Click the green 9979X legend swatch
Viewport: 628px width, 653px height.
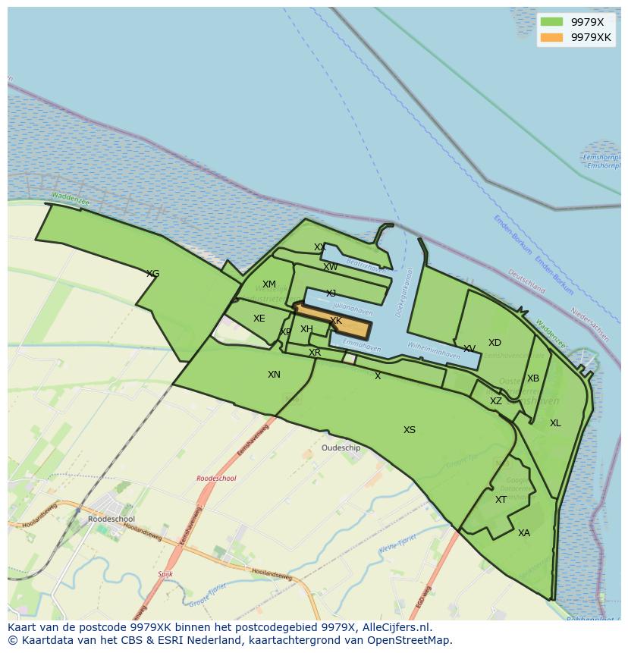pos(551,22)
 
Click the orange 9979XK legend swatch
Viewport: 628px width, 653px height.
pos(551,37)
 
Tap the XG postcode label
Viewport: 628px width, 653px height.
pos(152,274)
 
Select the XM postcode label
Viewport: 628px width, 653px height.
pos(269,285)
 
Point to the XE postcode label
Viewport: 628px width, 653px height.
pos(259,319)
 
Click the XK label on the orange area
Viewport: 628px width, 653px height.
pos(336,322)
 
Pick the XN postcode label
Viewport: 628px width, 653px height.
pos(274,375)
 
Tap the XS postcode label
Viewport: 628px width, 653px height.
pos(410,430)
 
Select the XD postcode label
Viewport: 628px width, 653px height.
pos(495,343)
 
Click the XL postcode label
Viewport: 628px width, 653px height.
pos(555,423)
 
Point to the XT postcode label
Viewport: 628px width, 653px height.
pos(501,500)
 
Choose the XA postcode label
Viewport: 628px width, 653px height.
pos(524,533)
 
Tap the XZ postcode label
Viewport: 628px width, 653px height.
pos(495,401)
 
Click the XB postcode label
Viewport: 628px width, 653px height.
pos(533,378)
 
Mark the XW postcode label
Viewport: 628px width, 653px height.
pos(331,267)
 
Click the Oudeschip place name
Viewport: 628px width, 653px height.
pos(341,448)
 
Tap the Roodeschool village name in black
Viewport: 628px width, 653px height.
pos(111,520)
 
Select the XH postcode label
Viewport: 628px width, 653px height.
pos(306,329)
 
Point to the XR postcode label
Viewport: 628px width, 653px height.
pos(315,353)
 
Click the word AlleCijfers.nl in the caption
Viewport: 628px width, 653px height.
pos(394,628)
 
